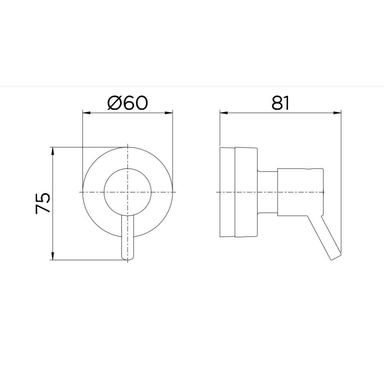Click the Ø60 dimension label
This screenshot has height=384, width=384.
pyautogui.click(x=127, y=103)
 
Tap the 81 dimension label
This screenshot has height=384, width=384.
pyautogui.click(x=280, y=103)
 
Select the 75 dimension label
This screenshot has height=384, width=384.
pyautogui.click(x=43, y=203)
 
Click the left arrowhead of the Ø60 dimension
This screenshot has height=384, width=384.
pyautogui.click(x=87, y=113)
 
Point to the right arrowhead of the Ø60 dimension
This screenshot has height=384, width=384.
pyautogui.click(x=169, y=113)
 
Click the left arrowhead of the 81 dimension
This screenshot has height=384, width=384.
pyautogui.click(x=224, y=113)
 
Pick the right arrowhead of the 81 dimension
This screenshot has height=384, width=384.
pyautogui.click(x=337, y=113)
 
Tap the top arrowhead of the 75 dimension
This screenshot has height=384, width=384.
pyautogui.click(x=53, y=151)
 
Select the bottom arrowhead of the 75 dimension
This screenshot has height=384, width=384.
pyautogui.click(x=53, y=256)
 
